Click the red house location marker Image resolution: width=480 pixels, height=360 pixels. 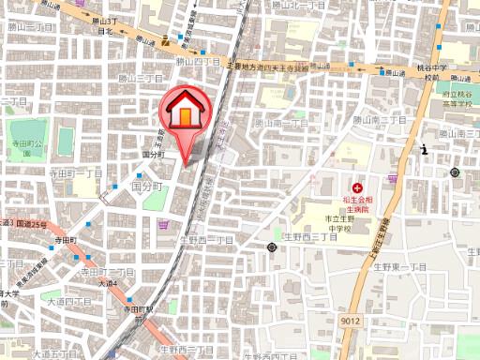pos(185,113)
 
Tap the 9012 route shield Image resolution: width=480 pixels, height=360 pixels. pos(352,321)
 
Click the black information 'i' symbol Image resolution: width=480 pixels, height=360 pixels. pos(425,149)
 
